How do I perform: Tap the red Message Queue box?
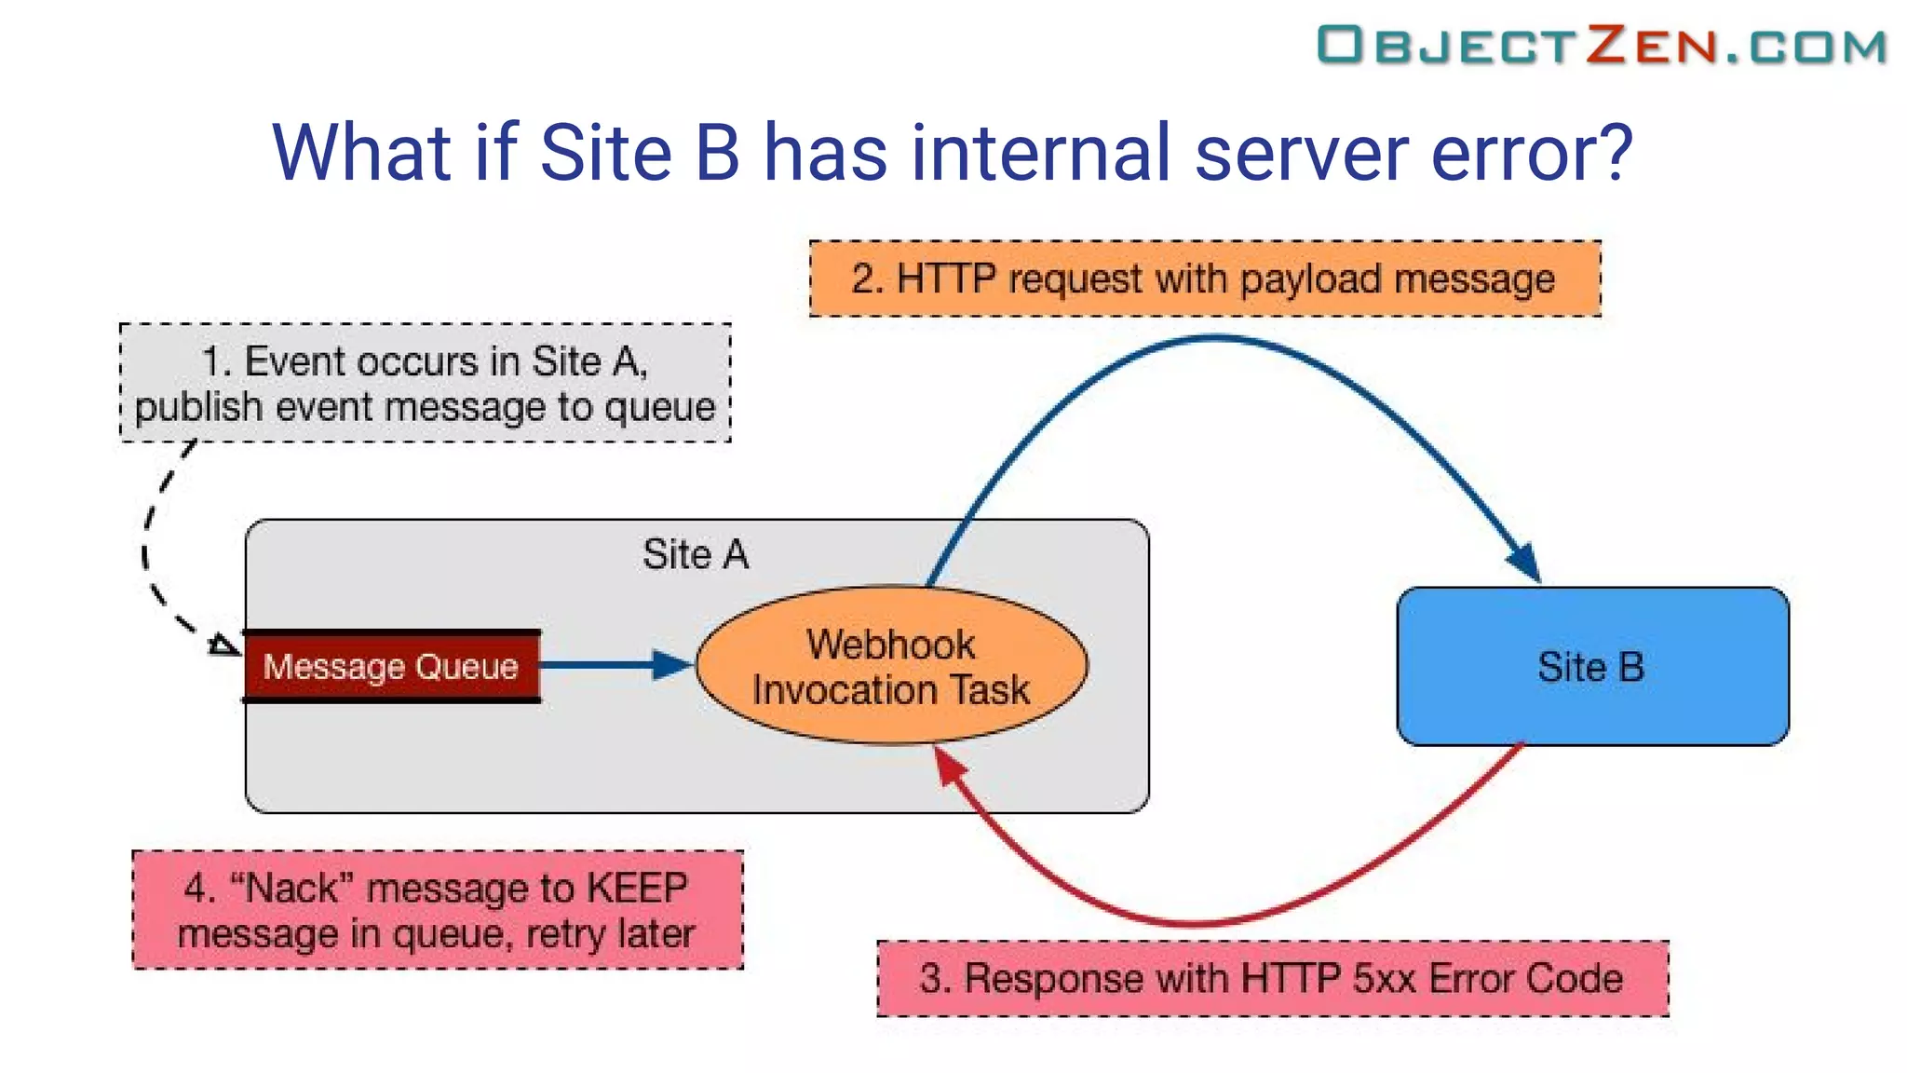tap(391, 667)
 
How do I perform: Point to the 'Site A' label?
tap(696, 554)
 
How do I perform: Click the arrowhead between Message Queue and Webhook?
tap(672, 665)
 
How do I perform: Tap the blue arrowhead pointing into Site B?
tap(1524, 563)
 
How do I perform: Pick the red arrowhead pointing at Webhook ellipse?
tap(949, 766)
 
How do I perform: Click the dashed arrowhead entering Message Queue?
tap(223, 644)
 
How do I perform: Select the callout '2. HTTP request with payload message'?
tap(1204, 279)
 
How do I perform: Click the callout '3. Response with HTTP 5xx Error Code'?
tap(1272, 979)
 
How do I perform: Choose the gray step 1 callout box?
tap(425, 383)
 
